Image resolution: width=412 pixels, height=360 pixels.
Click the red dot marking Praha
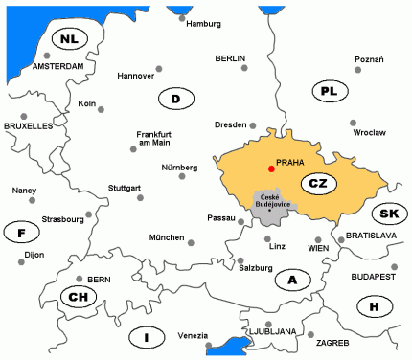pos(271,169)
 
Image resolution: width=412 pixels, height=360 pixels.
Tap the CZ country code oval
pos(315,183)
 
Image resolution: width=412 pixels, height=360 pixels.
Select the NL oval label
pos(68,39)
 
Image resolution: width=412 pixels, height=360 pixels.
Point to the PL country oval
pos(329,92)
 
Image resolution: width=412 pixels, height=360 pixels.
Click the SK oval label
pos(388,214)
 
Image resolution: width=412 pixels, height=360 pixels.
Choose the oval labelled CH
pos(77,297)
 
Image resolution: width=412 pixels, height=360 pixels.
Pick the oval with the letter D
pos(175,99)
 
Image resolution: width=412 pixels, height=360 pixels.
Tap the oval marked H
pos(374,306)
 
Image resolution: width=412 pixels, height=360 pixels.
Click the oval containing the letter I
pos(147,337)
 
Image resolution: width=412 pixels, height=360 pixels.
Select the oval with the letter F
pos(21,233)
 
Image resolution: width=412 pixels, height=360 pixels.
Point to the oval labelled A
pos(292,280)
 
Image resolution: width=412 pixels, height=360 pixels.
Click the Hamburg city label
pos(203,24)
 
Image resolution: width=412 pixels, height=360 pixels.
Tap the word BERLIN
pos(231,58)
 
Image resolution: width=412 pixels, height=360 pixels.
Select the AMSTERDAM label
pos(58,67)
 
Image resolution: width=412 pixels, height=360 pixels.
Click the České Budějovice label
pos(272,199)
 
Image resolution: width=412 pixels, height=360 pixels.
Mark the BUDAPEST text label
pos(374,277)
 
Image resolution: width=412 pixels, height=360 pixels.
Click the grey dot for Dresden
pos(253,124)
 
